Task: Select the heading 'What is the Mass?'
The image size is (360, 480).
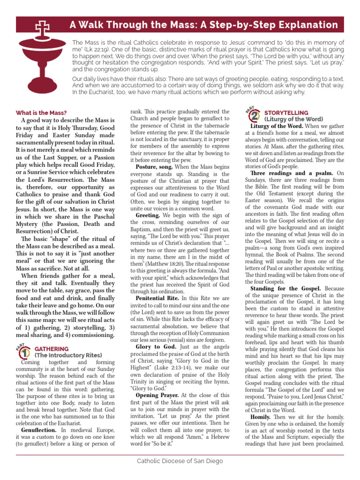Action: click(41, 112)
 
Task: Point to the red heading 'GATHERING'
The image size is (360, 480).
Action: click(52, 349)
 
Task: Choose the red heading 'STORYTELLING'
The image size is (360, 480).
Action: click(286, 113)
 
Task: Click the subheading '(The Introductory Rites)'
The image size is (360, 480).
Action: click(68, 355)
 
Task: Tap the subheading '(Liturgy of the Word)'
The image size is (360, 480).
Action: click(293, 119)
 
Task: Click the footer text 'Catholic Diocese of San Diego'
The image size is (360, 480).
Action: click(180, 461)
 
